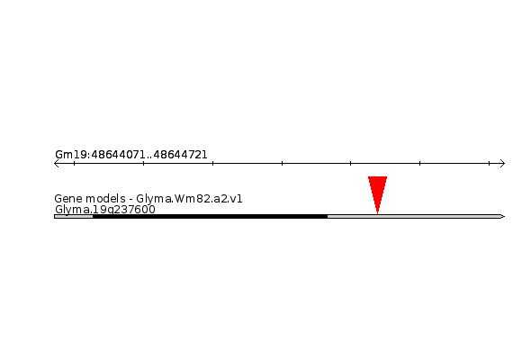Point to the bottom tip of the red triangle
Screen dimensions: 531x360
[378, 213]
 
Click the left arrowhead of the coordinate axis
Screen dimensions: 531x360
[56, 164]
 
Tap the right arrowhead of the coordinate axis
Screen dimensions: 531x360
[502, 164]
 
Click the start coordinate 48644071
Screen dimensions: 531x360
[118, 155]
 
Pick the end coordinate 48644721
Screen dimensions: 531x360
[180, 155]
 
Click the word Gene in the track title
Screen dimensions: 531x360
[66, 199]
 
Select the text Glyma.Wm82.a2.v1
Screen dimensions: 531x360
[189, 199]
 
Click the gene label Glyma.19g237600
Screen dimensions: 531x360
[105, 210]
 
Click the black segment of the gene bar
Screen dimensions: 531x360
[211, 216]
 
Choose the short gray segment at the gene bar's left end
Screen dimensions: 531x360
[74, 216]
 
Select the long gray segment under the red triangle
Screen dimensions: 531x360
[415, 216]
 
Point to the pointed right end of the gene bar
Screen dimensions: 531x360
[505, 216]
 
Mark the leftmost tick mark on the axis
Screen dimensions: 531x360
[74, 163]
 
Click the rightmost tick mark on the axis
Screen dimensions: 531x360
[489, 163]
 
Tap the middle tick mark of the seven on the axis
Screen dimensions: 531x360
[282, 163]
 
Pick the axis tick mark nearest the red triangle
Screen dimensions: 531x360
[350, 163]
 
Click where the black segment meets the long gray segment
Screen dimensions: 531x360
[328, 216]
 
